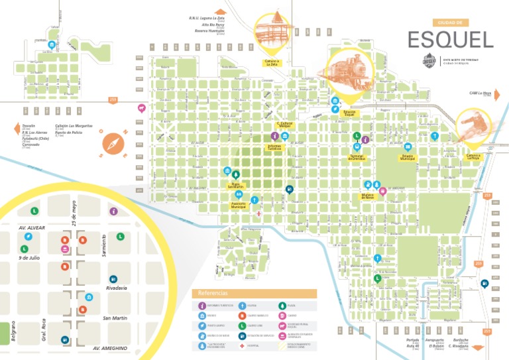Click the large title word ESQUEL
[x=450, y=40]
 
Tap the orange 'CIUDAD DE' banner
[x=450, y=23]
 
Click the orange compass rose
[x=114, y=143]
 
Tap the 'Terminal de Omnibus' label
[x=356, y=157]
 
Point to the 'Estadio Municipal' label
[x=408, y=158]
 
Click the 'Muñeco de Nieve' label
[x=368, y=197]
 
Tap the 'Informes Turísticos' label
[x=274, y=147]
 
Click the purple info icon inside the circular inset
[x=113, y=211]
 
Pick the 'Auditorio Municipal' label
[x=239, y=206]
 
